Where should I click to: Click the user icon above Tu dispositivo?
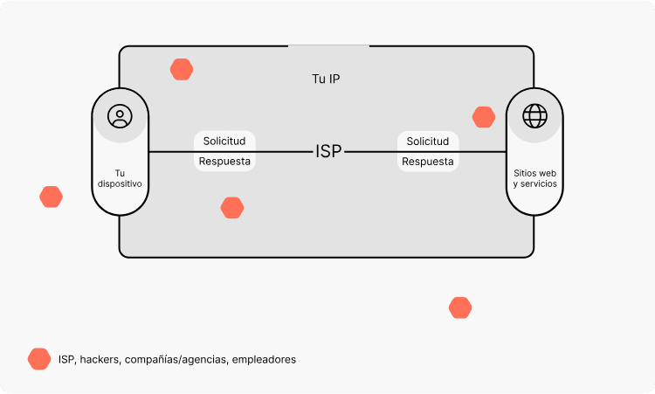pos(120,115)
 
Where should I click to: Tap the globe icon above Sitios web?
pos(534,115)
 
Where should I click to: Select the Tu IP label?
pos(326,79)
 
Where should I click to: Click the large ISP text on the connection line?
pos(328,151)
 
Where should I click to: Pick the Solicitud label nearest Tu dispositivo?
pos(224,141)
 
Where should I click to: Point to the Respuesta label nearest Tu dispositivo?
pos(224,162)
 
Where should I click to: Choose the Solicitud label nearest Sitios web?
pos(428,141)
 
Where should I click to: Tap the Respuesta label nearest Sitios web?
pos(428,162)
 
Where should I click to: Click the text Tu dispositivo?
pos(120,178)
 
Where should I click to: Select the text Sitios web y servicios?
pos(534,178)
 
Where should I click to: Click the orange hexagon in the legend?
pos(39,359)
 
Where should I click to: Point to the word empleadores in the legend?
pos(265,359)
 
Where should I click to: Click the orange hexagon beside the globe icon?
pos(484,117)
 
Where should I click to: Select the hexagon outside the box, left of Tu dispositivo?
pos(52,197)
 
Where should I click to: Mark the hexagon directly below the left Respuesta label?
pos(232,208)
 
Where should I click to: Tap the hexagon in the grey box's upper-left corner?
pos(182,69)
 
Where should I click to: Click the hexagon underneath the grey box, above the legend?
pos(460,308)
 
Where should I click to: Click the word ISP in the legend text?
pos(66,359)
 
